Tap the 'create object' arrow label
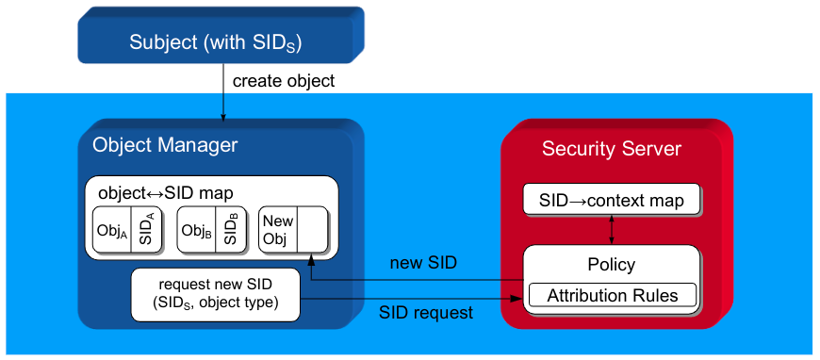(x=284, y=81)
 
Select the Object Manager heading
(x=165, y=145)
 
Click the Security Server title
(x=612, y=149)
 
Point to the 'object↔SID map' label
(x=166, y=192)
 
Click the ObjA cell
(x=112, y=229)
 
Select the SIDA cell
(x=146, y=229)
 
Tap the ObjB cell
(x=196, y=229)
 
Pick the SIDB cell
(x=230, y=229)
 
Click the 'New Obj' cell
(x=278, y=229)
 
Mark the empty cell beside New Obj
(x=312, y=229)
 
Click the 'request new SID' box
(x=216, y=295)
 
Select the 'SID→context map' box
(x=612, y=199)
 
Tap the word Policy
(x=612, y=264)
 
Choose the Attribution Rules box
(x=613, y=295)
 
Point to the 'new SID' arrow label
(x=423, y=263)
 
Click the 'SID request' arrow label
(x=426, y=312)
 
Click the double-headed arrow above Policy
(x=612, y=230)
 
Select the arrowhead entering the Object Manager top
(x=223, y=116)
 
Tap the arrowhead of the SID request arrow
(x=517, y=299)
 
